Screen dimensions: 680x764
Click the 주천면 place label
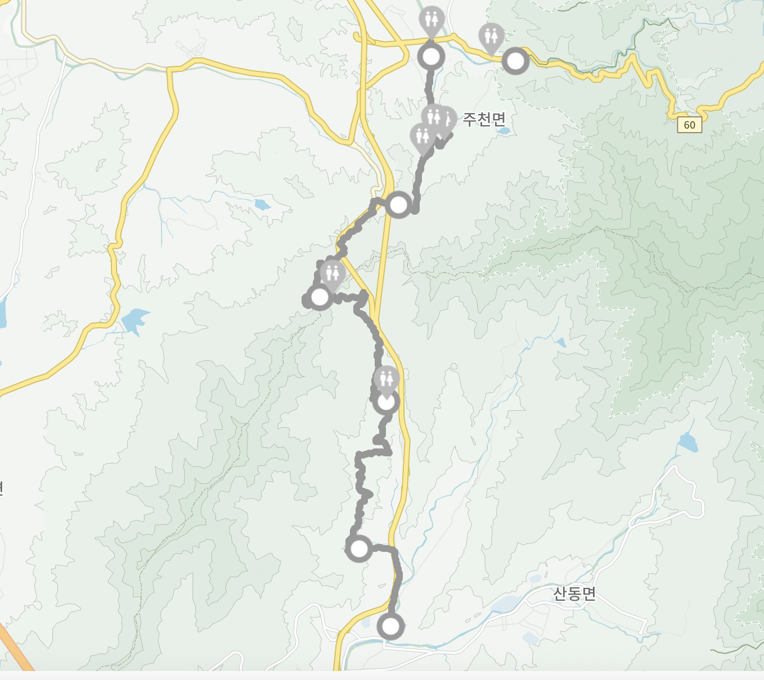tap(484, 119)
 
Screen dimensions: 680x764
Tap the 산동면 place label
tap(574, 593)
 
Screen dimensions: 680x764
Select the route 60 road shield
tap(690, 125)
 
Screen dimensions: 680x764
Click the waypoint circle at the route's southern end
tap(390, 626)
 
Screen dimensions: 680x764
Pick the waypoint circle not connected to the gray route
tap(515, 61)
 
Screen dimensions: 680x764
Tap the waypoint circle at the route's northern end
tap(432, 57)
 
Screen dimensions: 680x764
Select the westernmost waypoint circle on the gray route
tap(320, 297)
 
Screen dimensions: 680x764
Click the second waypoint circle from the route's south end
tap(358, 548)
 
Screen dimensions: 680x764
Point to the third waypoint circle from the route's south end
tap(387, 402)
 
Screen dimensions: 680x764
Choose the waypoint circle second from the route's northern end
tap(398, 205)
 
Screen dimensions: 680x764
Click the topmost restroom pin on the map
tap(432, 20)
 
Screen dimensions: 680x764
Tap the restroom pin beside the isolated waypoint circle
tap(492, 37)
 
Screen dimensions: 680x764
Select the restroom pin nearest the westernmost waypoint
tap(332, 274)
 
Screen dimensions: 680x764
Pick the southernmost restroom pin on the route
tap(387, 379)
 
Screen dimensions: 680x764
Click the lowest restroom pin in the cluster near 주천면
tap(423, 137)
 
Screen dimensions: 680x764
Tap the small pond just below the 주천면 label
tap(504, 131)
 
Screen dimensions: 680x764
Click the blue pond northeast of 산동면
tap(687, 443)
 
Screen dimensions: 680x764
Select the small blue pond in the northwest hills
tap(262, 205)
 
